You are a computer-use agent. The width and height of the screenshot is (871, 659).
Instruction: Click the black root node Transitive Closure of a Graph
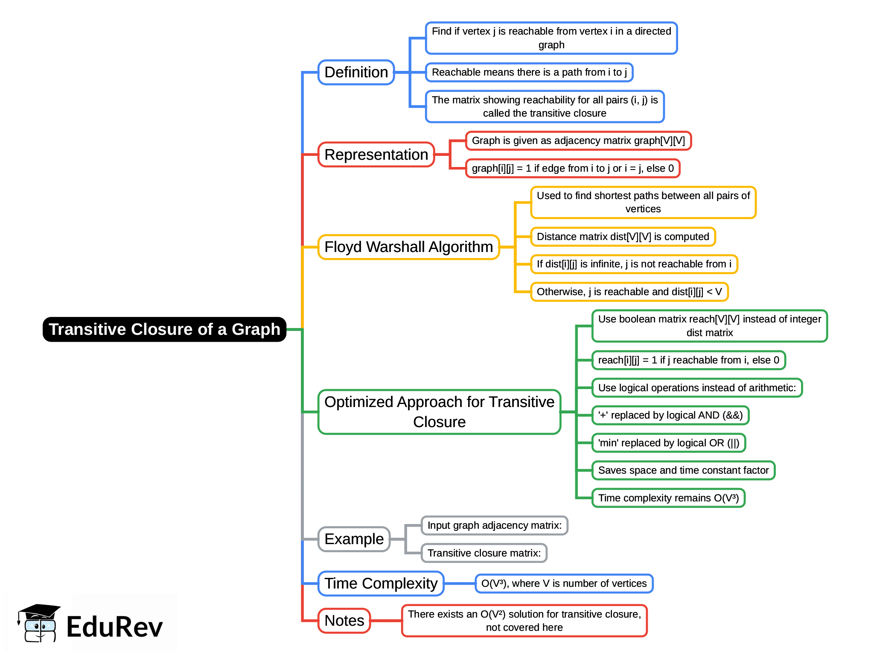click(x=164, y=329)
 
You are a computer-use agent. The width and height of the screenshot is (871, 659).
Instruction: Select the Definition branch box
click(x=356, y=72)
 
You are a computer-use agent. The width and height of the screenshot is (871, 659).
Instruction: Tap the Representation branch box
click(x=376, y=155)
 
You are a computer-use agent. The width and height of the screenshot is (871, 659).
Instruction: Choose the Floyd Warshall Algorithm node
click(x=408, y=247)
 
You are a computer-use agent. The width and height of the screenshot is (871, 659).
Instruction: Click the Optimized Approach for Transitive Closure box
click(x=439, y=412)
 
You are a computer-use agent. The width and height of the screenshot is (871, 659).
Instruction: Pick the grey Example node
click(x=354, y=539)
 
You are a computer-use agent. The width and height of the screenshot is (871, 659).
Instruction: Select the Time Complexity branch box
click(x=381, y=583)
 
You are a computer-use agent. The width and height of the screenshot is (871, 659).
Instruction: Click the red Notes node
click(x=344, y=621)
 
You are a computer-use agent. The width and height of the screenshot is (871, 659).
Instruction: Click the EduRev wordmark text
click(x=114, y=627)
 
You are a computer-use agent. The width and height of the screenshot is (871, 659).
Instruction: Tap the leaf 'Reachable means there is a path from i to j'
click(x=529, y=72)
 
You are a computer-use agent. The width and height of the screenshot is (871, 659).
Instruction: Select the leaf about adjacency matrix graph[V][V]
click(x=578, y=141)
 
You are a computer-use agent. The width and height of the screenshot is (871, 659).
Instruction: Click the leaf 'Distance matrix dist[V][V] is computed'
click(x=623, y=237)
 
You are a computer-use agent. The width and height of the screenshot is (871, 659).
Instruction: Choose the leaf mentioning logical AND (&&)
click(x=670, y=415)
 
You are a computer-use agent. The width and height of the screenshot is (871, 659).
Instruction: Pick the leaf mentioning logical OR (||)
click(x=668, y=443)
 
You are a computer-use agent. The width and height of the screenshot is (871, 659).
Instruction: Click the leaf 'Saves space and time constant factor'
click(x=683, y=470)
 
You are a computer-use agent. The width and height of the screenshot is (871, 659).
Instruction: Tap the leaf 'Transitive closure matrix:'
click(x=484, y=553)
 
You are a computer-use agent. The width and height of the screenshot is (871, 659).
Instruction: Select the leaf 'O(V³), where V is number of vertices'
click(x=564, y=583)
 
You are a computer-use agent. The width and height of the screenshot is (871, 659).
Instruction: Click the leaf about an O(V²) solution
click(x=524, y=621)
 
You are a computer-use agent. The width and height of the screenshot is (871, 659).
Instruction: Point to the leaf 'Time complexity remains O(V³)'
click(x=668, y=498)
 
